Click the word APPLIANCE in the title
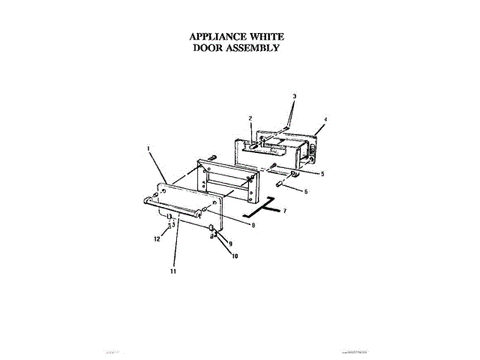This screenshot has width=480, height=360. pyautogui.click(x=214, y=36)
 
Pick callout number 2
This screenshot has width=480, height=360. pyautogui.click(x=250, y=118)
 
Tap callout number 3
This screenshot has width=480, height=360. pyautogui.click(x=294, y=96)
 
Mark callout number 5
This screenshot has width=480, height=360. pyautogui.click(x=322, y=173)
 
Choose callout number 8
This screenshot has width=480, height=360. pyautogui.click(x=253, y=225)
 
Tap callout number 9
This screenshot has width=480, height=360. pyautogui.click(x=231, y=243)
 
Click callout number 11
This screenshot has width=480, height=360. pyautogui.click(x=173, y=272)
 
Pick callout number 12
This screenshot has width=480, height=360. pyautogui.click(x=157, y=239)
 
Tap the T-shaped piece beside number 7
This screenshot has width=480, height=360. pyautogui.click(x=266, y=205)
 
